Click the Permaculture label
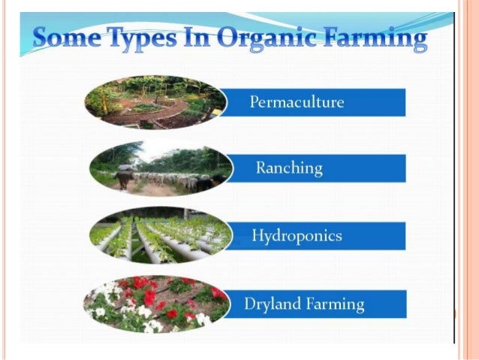(x=297, y=102)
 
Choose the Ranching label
(x=289, y=168)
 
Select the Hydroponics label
(x=297, y=236)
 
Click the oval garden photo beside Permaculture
(x=155, y=102)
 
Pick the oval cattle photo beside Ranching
(x=160, y=169)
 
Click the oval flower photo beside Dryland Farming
(x=156, y=304)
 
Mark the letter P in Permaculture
(x=254, y=102)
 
